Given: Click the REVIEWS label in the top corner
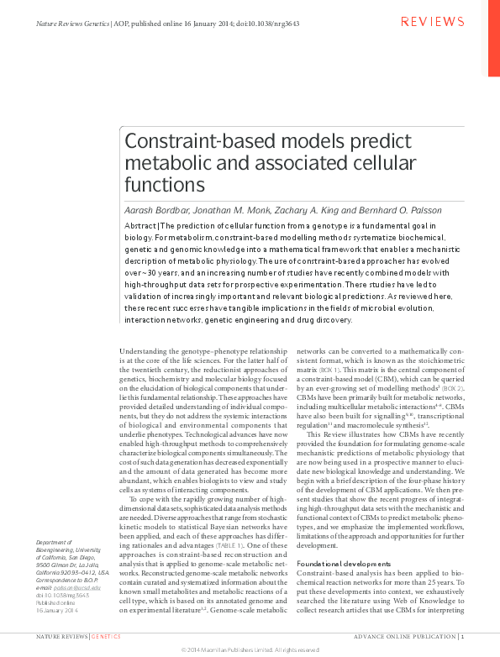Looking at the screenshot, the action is pos(433,21).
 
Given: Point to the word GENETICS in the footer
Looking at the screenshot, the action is pos(107,637).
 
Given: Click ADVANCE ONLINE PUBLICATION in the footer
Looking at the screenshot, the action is pos(408,637).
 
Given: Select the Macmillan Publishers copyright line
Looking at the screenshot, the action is pos(250,649).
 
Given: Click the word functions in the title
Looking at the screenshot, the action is pos(165,183).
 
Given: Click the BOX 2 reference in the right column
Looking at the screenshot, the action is pos(453,390).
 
